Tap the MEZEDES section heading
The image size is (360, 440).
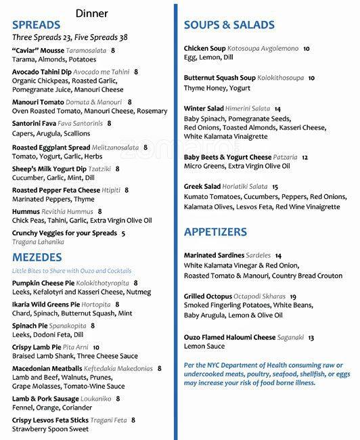tap(37, 257)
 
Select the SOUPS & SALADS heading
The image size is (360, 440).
tap(229, 25)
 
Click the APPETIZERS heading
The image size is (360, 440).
tap(215, 232)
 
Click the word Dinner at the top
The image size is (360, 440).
tap(92, 13)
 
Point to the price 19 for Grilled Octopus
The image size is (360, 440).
tap(293, 296)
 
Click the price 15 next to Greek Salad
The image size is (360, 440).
tap(275, 186)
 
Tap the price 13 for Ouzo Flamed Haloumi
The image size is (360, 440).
tap(311, 337)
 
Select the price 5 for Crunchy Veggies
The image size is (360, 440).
tap(123, 233)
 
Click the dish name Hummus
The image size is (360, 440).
tap(26, 211)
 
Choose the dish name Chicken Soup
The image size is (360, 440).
tap(204, 49)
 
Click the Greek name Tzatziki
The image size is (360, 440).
tap(101, 169)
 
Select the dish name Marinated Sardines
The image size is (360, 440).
tap(214, 255)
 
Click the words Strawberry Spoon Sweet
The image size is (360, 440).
tap(50, 429)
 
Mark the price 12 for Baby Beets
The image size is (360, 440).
tap(305, 157)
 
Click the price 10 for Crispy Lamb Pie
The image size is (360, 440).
tap(96, 347)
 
